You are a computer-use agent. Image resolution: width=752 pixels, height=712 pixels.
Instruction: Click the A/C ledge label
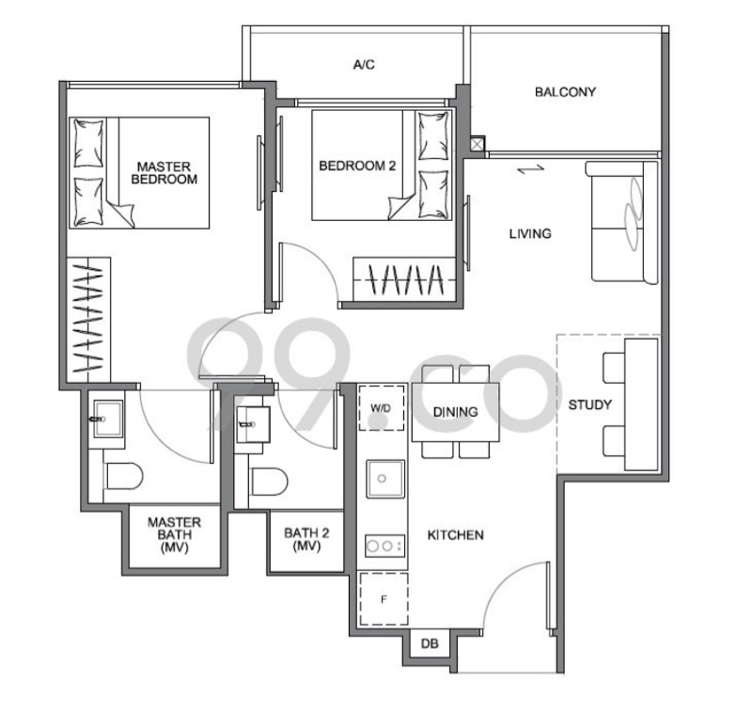[364, 64]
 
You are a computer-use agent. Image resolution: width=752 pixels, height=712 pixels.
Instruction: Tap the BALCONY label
[566, 91]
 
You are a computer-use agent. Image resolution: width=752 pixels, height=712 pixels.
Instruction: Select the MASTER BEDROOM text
[164, 173]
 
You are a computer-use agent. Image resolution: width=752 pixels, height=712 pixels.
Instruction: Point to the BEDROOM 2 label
[357, 166]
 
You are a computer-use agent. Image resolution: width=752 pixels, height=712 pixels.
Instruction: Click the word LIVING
[530, 233]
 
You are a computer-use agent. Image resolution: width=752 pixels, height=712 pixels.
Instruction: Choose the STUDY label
[590, 405]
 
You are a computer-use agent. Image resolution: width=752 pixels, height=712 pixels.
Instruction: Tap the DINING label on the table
[455, 412]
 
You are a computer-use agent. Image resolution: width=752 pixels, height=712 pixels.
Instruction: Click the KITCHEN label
[456, 535]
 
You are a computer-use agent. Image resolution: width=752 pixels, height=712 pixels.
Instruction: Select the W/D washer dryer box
[382, 408]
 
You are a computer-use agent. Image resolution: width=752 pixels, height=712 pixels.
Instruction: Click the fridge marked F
[384, 599]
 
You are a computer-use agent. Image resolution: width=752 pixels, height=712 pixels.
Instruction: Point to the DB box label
[430, 643]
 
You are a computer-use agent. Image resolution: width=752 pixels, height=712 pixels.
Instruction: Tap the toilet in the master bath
[123, 476]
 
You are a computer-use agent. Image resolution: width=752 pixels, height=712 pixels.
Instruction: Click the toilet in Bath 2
[269, 482]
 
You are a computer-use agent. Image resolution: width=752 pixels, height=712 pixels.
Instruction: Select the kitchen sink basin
[385, 479]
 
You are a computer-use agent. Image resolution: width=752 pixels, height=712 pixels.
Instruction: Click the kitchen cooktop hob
[385, 546]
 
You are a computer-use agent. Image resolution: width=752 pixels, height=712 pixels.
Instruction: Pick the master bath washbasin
[108, 419]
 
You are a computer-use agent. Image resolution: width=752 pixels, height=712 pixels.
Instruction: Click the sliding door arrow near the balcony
[531, 169]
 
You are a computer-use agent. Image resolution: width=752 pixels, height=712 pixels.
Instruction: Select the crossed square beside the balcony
[478, 145]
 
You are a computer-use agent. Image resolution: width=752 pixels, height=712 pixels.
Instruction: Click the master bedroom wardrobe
[88, 320]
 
